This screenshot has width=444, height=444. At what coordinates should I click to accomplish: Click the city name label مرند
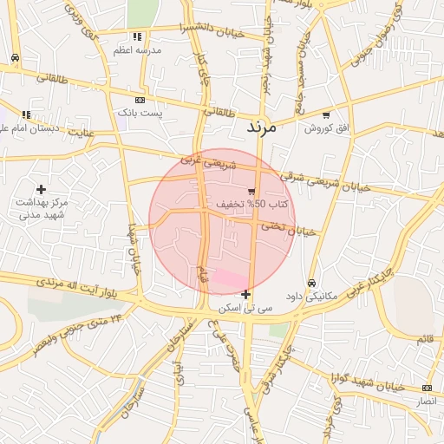(x=260, y=127)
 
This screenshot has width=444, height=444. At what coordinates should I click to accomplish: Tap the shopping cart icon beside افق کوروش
(x=326, y=114)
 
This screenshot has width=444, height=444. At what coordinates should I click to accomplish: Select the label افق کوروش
(x=326, y=127)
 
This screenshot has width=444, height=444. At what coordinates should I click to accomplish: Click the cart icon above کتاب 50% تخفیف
(x=251, y=191)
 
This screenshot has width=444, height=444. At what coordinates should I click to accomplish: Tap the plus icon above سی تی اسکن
(x=247, y=294)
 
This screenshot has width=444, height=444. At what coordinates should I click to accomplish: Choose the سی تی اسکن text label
(x=246, y=308)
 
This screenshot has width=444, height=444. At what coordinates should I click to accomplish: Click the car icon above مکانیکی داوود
(x=311, y=283)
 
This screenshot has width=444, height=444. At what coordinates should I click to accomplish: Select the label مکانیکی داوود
(x=311, y=297)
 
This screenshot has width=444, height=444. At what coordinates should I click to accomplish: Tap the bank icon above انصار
(x=427, y=388)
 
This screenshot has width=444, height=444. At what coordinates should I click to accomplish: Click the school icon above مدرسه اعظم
(x=137, y=36)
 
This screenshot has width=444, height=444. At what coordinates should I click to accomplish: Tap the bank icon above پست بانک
(x=140, y=100)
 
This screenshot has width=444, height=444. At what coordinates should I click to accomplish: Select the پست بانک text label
(x=139, y=113)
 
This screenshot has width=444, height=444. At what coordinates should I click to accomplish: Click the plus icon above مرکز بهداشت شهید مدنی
(x=41, y=188)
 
